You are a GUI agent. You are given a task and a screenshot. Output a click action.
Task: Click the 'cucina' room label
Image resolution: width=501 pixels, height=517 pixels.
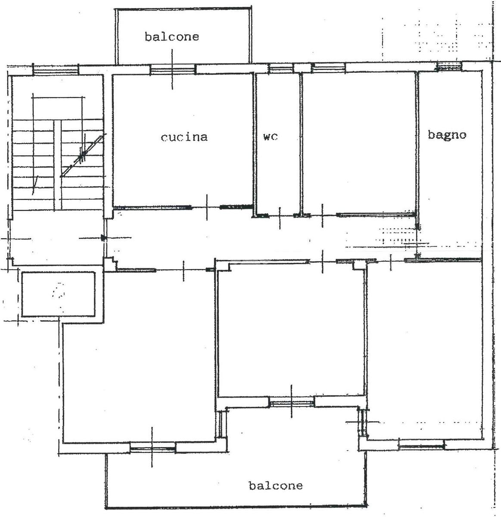(x=184, y=137)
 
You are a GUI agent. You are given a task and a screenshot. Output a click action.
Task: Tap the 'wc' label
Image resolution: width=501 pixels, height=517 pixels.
(x=271, y=137)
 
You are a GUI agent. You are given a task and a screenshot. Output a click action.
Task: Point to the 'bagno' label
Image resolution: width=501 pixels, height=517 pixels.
(x=447, y=135)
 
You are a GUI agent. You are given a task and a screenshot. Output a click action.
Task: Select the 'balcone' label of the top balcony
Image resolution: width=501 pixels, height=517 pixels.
(x=172, y=36)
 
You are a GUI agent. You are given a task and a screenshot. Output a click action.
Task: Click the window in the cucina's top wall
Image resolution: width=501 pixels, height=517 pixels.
(x=173, y=70)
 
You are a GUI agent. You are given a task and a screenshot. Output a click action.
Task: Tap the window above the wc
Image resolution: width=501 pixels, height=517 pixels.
(x=281, y=68)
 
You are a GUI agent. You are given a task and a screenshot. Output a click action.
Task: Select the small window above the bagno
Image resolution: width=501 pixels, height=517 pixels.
(x=450, y=66)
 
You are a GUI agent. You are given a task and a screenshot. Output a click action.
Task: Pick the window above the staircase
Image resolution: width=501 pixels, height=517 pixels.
(x=55, y=70)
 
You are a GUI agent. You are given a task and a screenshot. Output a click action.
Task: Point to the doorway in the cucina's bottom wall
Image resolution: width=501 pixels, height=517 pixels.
(x=206, y=207)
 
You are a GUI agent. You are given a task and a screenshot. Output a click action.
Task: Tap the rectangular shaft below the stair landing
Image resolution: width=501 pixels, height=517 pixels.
(x=58, y=294)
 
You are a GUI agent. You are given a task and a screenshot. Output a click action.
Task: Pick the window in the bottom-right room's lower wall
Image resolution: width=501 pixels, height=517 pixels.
(x=422, y=444)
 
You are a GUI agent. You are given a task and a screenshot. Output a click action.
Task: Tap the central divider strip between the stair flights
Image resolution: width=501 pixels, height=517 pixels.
(x=58, y=165)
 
